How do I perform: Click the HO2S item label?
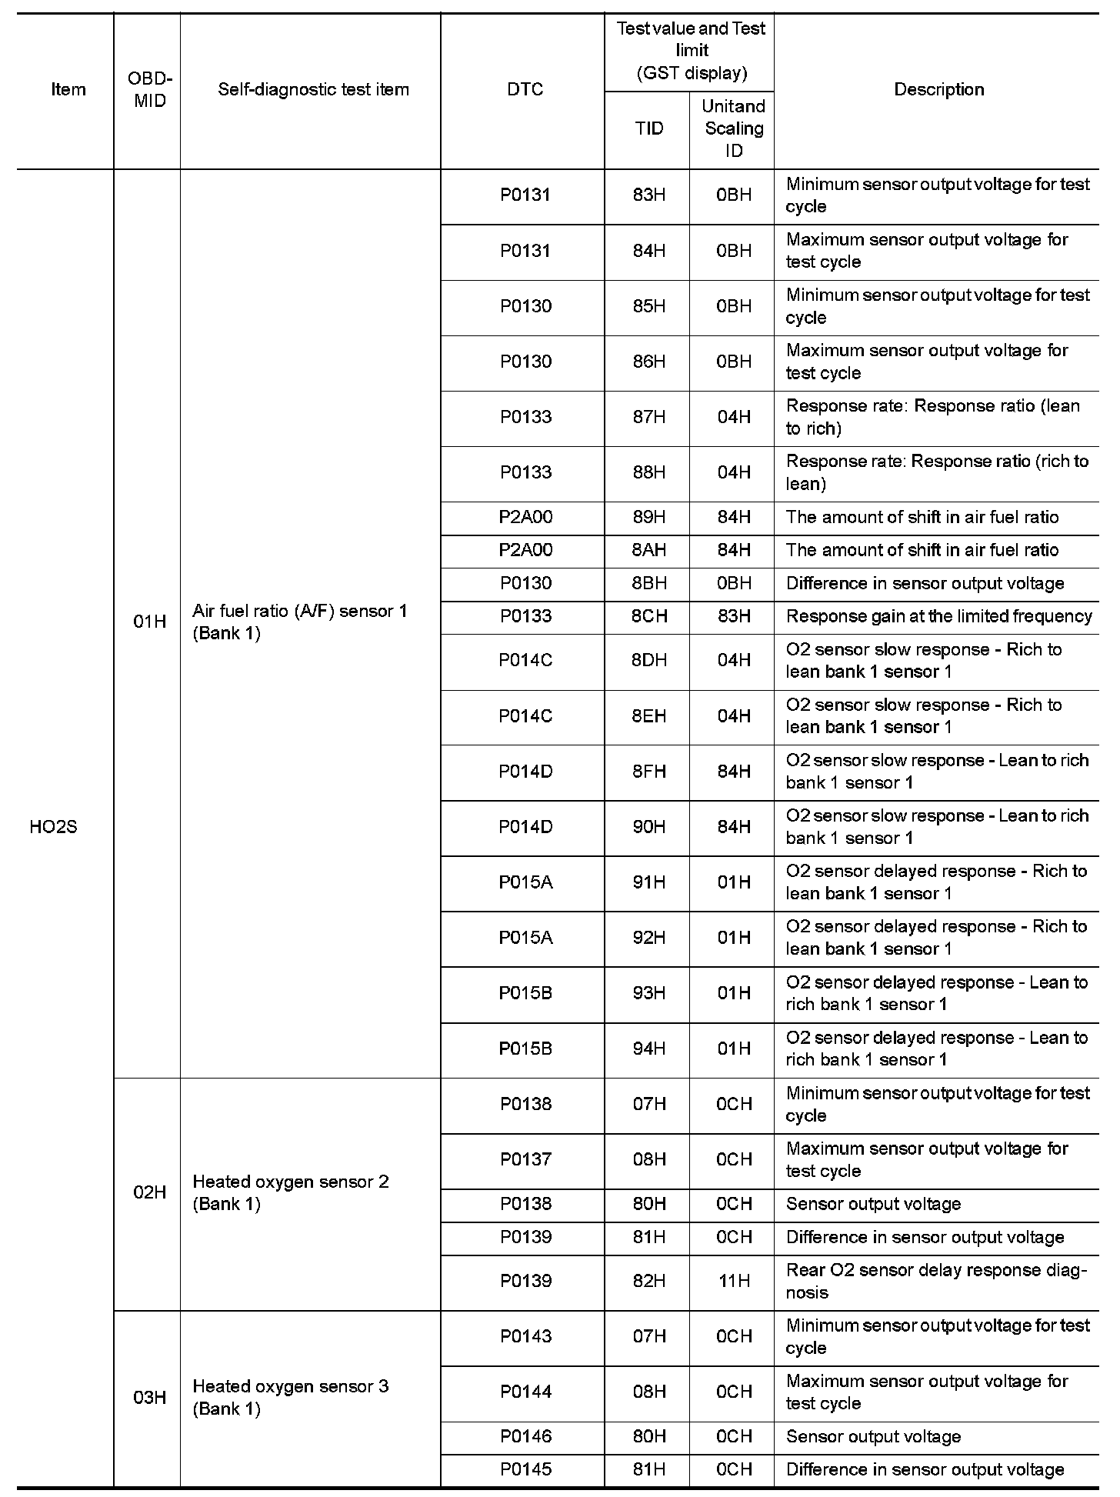[x=53, y=828]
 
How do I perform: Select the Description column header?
[x=938, y=89]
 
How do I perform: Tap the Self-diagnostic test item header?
[x=313, y=89]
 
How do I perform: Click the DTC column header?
[x=525, y=89]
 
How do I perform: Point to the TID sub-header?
[x=648, y=128]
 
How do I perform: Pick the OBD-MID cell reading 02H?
[x=149, y=1192]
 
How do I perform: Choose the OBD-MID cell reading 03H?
[x=149, y=1397]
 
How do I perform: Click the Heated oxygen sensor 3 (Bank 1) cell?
[x=290, y=1397]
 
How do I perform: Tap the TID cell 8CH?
[x=648, y=616]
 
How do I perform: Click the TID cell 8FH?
[x=648, y=772]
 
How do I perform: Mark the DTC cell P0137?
[x=525, y=1159]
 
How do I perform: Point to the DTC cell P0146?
[x=525, y=1436]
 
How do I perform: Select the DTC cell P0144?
[x=525, y=1392]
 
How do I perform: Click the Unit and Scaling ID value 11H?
[x=733, y=1281]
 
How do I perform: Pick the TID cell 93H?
[x=648, y=993]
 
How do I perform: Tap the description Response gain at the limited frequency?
[x=938, y=616]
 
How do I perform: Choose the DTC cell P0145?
[x=525, y=1469]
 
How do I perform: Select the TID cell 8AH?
[x=648, y=550]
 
